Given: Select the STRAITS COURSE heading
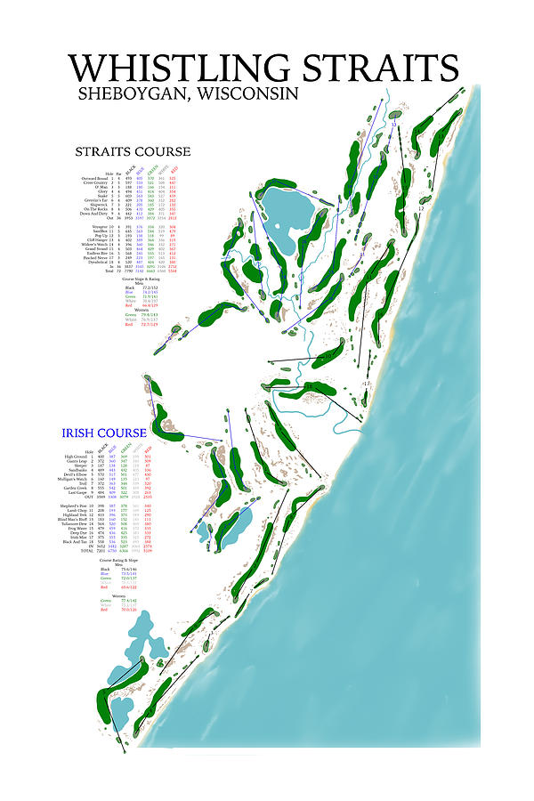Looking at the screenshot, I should (133, 151).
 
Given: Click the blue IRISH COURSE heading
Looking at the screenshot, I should (103, 433).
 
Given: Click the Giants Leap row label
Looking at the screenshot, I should (78, 462).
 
